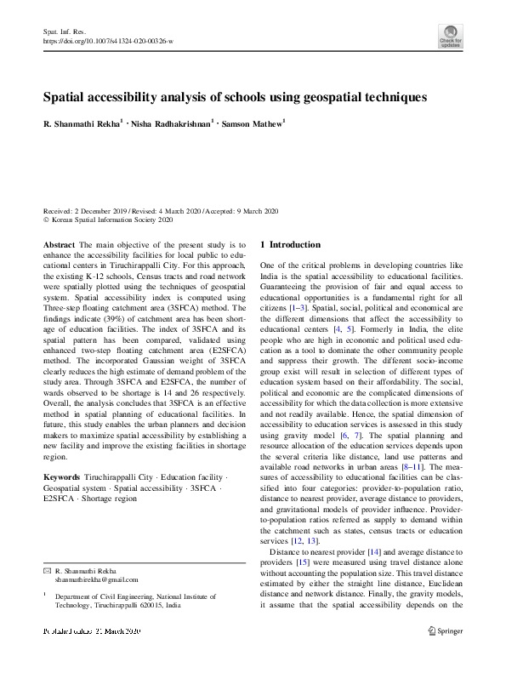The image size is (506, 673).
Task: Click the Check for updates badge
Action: [450, 36]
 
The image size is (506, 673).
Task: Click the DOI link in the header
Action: [108, 40]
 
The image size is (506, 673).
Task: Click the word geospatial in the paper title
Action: [334, 98]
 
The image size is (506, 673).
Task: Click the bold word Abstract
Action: [58, 243]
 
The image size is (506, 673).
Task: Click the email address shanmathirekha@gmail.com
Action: [95, 578]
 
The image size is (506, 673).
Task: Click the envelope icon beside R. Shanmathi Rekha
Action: [47, 568]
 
